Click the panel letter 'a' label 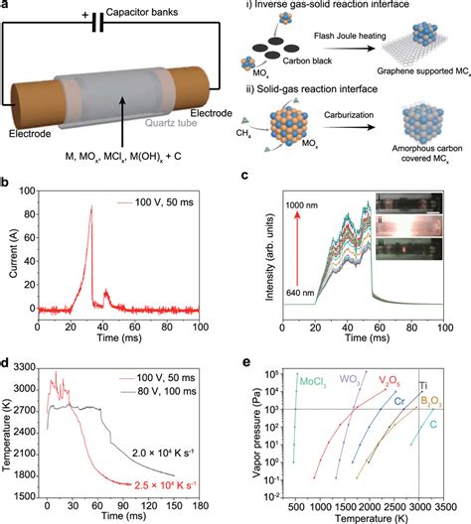pyautogui.click(x=8, y=8)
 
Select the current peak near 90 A pyautogui.click(x=91, y=264)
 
